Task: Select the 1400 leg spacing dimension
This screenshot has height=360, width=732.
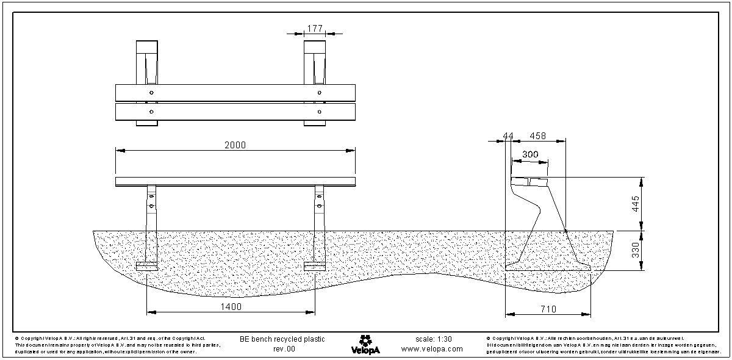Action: pyautogui.click(x=232, y=306)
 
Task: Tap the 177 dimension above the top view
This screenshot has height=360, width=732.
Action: pyautogui.click(x=315, y=28)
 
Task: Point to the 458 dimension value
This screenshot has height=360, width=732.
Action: pyautogui.click(x=537, y=135)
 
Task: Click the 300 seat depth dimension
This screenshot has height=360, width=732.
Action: pyautogui.click(x=530, y=155)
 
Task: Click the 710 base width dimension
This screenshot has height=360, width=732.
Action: pyautogui.click(x=548, y=310)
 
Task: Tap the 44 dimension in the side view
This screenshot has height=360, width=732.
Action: pyautogui.click(x=508, y=135)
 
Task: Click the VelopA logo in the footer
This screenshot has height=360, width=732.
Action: pyautogui.click(x=365, y=344)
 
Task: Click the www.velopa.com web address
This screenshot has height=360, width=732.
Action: pyautogui.click(x=432, y=350)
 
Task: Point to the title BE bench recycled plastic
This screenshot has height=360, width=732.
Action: pyautogui.click(x=282, y=339)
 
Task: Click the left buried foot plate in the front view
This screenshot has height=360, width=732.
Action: pyautogui.click(x=146, y=267)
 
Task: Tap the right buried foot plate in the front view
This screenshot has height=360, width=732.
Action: pyautogui.click(x=315, y=267)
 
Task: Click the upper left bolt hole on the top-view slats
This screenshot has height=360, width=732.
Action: pyautogui.click(x=151, y=92)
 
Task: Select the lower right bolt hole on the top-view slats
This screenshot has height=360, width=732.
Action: pyautogui.click(x=320, y=112)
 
